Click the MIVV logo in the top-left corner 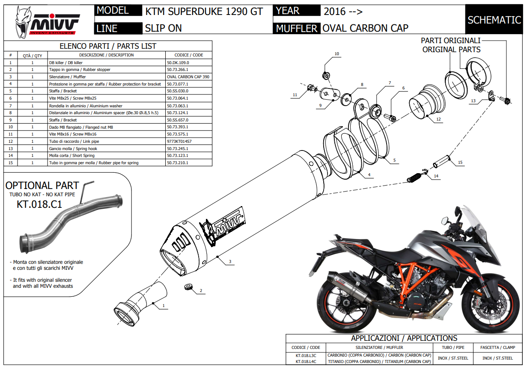pos(47,21)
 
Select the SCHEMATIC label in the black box pos(494,20)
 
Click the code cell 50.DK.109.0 pos(178,62)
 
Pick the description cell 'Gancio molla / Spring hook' pos(73,148)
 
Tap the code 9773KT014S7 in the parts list pos(179,141)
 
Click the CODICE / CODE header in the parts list pos(189,55)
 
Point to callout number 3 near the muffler pos(230,261)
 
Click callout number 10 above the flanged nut pos(336,54)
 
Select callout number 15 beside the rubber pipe pos(460,162)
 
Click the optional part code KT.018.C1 pos(39,204)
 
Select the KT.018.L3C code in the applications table pos(306,355)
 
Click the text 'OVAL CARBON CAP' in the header pos(365,28)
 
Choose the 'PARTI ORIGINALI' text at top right pos(451,41)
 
